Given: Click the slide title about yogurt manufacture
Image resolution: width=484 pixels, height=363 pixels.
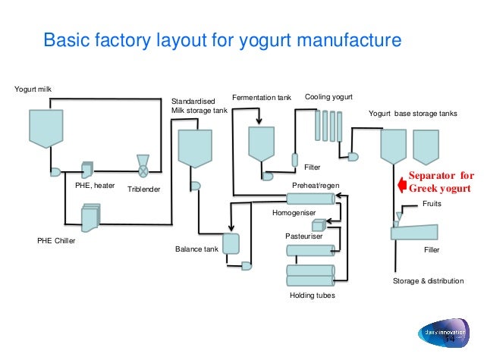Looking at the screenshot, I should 222,39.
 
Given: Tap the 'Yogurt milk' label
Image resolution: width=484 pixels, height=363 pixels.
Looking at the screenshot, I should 34,91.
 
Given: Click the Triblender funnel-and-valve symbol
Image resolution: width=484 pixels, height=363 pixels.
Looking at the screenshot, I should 141,164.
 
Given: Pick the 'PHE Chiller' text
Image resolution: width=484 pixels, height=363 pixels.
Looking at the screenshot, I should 57,242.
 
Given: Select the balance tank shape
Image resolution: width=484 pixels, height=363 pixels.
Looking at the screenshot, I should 231,243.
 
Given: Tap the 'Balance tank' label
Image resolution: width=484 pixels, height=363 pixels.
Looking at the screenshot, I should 196,249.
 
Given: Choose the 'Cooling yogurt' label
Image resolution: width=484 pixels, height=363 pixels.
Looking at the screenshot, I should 328,98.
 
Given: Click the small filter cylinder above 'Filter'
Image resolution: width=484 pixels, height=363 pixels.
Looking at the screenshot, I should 296,159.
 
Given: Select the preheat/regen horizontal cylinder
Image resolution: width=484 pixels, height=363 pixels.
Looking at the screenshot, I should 310,199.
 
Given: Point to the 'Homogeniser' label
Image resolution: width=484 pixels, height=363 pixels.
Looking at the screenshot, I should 292,214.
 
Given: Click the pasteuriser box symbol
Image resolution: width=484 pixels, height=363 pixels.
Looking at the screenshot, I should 318,225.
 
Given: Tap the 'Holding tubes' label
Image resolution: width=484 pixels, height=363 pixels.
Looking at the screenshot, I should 312,295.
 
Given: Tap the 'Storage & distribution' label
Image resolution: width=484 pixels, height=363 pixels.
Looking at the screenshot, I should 428,280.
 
